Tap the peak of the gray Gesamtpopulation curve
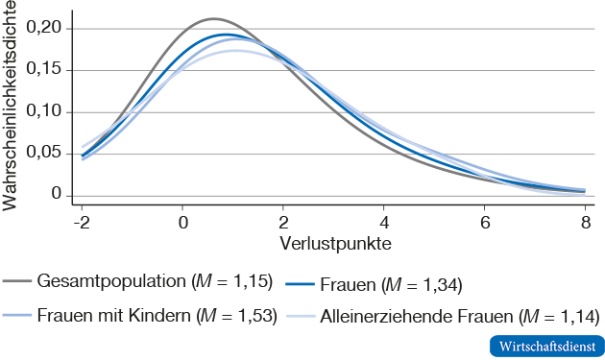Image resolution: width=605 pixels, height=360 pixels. pyautogui.click(x=213, y=18)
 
